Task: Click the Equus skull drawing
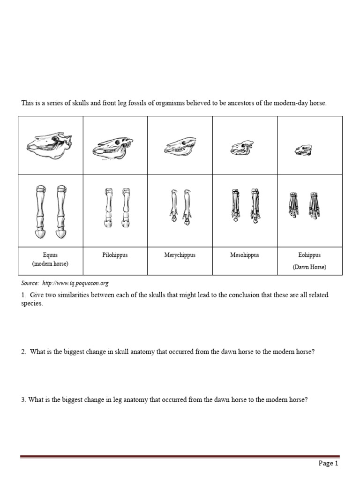click(x=50, y=146)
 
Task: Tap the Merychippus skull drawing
click(x=180, y=147)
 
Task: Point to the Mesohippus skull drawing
click(x=242, y=148)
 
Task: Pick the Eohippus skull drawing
click(x=303, y=150)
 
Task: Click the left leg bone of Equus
click(x=40, y=211)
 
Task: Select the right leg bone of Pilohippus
click(x=126, y=208)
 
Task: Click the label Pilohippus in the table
click(x=115, y=255)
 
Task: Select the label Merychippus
click(x=180, y=255)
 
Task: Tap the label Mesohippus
click(x=244, y=255)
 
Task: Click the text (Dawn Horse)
click(x=309, y=267)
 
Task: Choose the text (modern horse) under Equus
click(x=50, y=264)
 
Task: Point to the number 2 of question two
click(x=23, y=352)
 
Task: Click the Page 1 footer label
click(x=328, y=464)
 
